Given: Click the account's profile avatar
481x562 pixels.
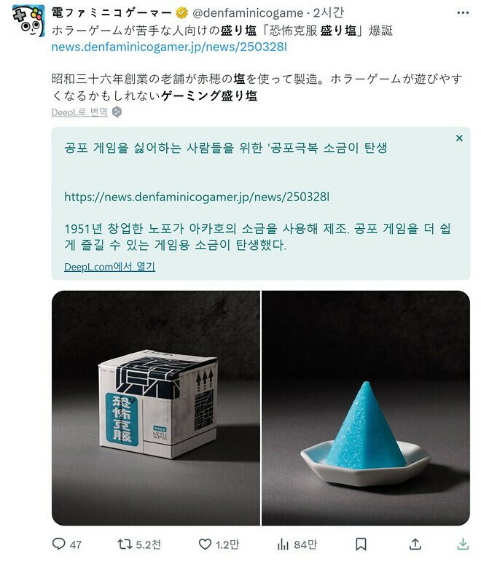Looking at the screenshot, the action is point(28,20).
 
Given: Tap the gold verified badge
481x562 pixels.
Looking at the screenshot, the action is point(181,13).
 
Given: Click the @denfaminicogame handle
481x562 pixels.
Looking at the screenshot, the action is point(248,14).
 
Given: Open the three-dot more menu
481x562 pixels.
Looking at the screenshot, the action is point(463,13).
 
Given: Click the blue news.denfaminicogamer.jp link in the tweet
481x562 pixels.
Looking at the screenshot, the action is point(169,47).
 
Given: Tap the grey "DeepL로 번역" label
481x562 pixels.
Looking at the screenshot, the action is point(79,112).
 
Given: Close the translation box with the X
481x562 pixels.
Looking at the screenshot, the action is point(459,138).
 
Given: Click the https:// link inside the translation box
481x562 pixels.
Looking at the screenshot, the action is point(197,197).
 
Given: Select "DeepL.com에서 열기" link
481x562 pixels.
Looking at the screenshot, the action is point(109,267).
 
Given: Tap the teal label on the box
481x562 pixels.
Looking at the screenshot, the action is point(122,419).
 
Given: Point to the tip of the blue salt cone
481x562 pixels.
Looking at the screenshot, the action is point(366,382).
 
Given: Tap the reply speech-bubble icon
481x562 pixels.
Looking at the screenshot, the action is point(58,544).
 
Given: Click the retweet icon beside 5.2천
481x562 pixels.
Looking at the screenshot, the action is point(125,544).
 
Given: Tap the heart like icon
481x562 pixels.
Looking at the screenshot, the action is point(205,544).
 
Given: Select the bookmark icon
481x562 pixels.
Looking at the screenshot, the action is point(361,544).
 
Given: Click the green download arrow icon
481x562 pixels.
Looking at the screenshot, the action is point(463,544).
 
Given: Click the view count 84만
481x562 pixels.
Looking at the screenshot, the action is point(305,545).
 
